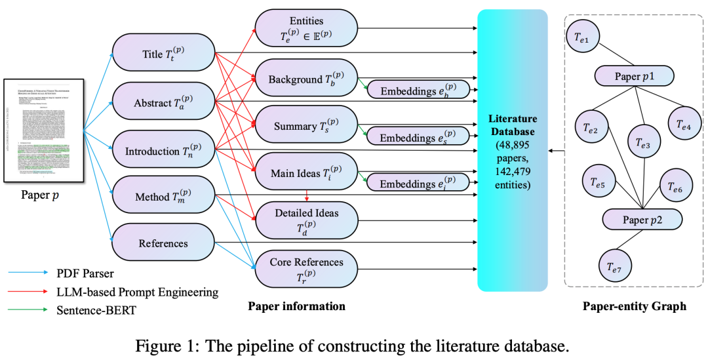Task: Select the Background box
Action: (x=306, y=79)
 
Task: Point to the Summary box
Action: (x=306, y=126)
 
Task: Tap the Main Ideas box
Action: (x=306, y=174)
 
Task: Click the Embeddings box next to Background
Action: (x=418, y=90)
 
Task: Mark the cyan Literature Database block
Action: (x=512, y=150)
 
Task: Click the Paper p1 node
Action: (x=634, y=75)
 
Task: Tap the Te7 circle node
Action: (x=616, y=266)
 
